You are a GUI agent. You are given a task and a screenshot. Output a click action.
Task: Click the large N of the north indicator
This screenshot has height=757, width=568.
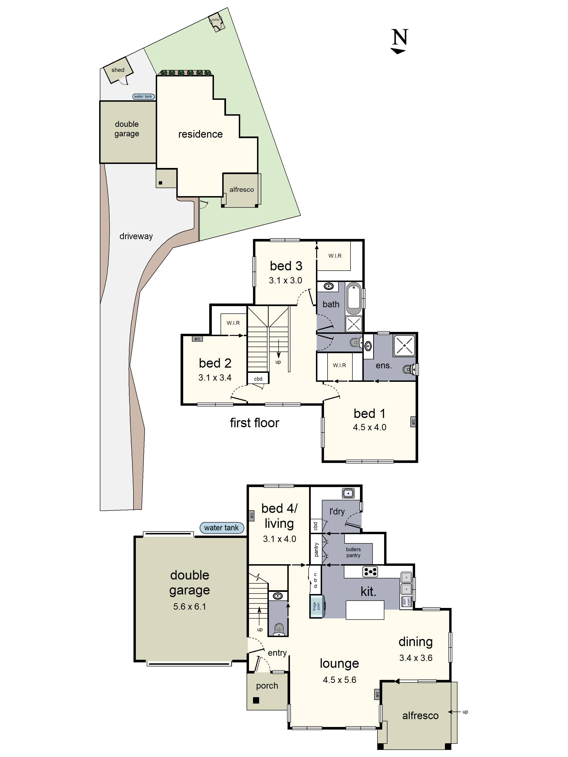point(399,37)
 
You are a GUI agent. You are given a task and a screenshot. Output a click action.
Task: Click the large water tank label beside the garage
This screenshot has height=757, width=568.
point(222,528)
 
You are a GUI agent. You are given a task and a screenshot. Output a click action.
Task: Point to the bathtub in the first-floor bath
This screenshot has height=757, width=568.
point(354,298)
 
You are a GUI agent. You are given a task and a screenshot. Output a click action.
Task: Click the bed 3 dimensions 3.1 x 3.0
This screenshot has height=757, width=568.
point(285,281)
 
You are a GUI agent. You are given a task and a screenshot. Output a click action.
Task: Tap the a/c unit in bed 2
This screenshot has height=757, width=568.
point(197,339)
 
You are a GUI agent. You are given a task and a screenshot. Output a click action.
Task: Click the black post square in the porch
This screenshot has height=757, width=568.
point(256,700)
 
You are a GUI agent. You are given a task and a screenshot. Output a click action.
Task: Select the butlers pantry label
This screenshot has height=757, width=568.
point(353,552)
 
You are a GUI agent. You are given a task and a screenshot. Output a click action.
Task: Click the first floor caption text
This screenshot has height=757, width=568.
point(254,423)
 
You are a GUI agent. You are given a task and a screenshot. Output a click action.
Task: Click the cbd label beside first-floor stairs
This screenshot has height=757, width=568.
point(258,379)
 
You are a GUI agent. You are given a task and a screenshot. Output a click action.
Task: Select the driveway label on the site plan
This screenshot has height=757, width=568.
point(136,236)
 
